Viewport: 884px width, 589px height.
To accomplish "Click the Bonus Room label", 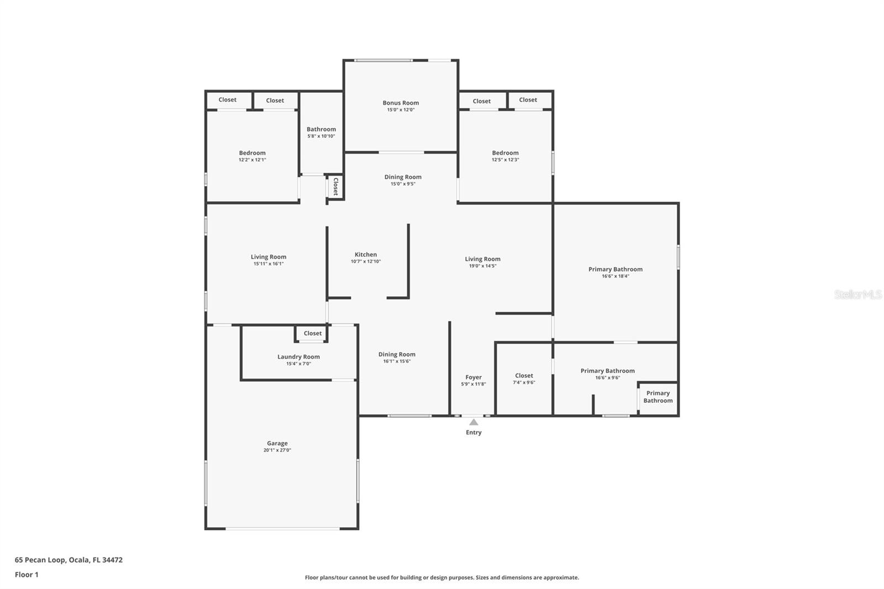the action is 401,103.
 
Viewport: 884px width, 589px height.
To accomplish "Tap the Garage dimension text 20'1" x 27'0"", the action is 277,450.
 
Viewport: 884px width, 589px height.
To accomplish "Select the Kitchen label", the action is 365,255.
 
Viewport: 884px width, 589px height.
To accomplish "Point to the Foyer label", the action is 473,377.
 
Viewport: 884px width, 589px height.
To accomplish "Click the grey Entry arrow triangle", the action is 473,422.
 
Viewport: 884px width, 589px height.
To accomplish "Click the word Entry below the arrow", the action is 473,432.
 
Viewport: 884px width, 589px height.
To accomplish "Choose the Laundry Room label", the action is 298,357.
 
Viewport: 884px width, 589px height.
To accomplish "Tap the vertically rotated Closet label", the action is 335,186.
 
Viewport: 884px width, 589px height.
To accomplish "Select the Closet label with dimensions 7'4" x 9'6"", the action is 524,375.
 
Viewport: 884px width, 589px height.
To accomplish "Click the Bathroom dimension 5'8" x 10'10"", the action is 321,136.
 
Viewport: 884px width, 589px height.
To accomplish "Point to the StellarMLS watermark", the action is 857,294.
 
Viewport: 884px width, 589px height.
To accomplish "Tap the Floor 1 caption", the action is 27,575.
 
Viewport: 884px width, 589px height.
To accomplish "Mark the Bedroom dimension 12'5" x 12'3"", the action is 505,160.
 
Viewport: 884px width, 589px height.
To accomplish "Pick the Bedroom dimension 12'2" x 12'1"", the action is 252,160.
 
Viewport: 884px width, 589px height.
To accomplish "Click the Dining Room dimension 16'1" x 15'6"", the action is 397,361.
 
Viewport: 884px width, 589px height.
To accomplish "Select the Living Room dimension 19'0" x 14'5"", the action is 482,266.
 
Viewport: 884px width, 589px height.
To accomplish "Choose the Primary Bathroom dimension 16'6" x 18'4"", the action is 615,276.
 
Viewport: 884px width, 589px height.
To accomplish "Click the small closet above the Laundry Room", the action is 312,333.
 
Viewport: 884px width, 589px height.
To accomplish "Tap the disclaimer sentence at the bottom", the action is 442,577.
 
